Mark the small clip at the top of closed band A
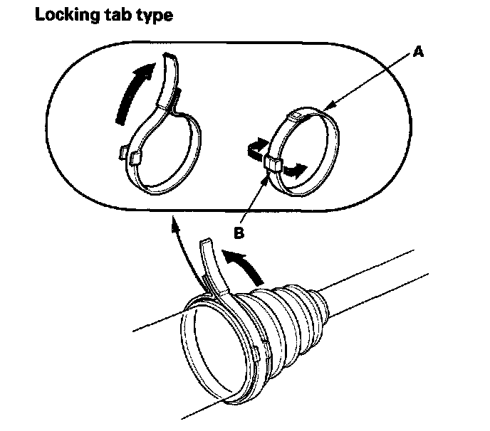[294, 114]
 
